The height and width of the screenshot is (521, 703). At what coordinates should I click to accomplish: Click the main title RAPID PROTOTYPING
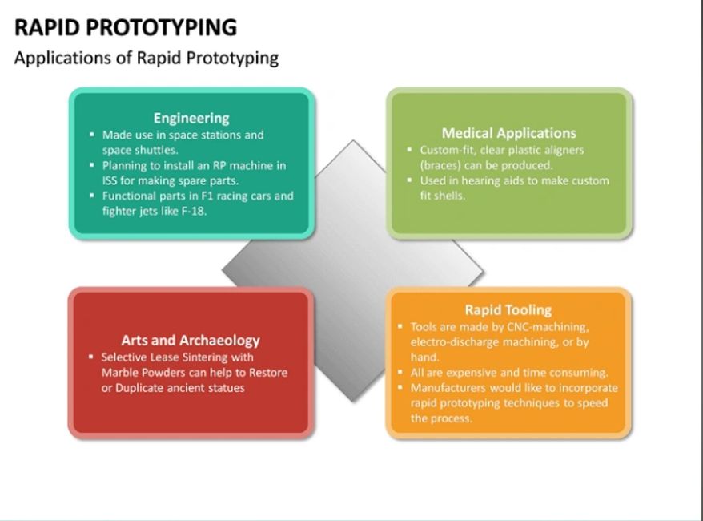(126, 27)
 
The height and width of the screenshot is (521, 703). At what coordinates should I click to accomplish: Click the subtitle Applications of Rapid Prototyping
(147, 59)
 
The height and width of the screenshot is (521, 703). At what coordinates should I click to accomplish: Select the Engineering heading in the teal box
(191, 118)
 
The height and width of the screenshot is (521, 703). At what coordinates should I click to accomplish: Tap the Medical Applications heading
(509, 133)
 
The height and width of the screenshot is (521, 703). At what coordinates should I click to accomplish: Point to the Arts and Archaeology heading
(191, 341)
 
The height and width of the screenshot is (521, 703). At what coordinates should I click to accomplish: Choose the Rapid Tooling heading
(508, 310)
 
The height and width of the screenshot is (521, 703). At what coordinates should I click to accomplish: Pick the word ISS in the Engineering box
(110, 180)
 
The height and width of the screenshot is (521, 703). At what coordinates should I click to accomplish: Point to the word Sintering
(205, 357)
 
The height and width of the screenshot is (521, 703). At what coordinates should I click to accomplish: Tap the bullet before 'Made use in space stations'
(92, 134)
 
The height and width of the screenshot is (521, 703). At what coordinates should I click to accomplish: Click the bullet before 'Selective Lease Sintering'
(91, 357)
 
